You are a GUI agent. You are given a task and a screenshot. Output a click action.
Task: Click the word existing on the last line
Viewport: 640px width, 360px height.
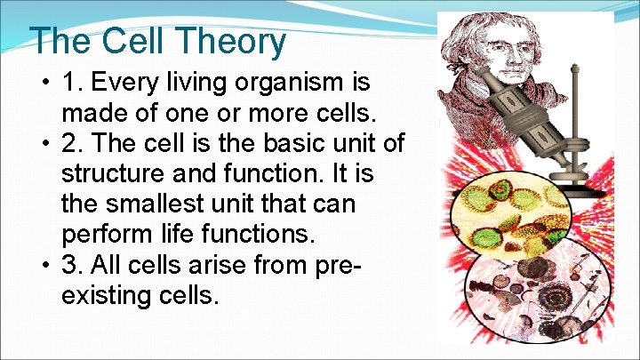105,295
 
